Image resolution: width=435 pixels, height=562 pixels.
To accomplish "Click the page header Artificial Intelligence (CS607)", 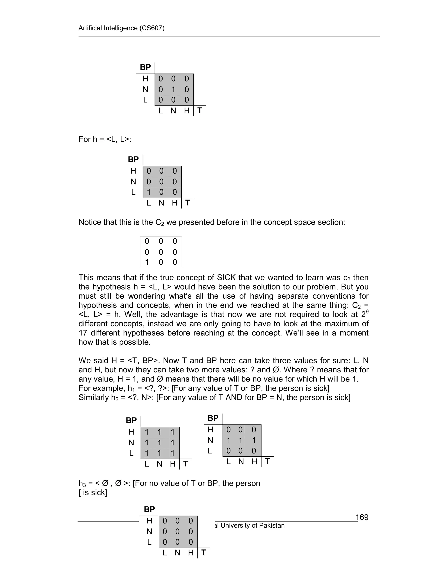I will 121,28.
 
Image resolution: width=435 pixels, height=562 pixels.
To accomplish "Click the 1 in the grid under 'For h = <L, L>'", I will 148,192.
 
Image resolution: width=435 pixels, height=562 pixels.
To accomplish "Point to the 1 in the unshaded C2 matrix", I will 147,262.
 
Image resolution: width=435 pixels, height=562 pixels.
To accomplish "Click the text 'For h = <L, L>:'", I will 105,139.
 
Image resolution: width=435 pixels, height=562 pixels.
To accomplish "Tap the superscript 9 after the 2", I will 367,312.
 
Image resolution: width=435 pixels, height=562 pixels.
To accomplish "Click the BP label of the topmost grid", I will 145,67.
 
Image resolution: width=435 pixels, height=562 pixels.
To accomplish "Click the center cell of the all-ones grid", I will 160,443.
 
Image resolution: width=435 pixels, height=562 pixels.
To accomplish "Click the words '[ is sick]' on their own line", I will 93,492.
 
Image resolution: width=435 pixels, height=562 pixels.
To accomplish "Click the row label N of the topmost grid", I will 145,89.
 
